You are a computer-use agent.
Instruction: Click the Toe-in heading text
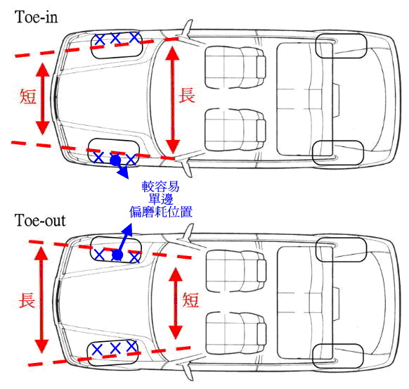pyautogui.click(x=37, y=17)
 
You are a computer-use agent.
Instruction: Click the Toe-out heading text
pyautogui.click(x=40, y=220)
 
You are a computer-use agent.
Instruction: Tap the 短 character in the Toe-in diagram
pyautogui.click(x=28, y=96)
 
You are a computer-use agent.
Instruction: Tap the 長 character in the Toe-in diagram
pyautogui.click(x=187, y=95)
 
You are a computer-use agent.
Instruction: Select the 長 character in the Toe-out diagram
pyautogui.click(x=27, y=300)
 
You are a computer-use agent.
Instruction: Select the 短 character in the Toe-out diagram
pyautogui.click(x=190, y=300)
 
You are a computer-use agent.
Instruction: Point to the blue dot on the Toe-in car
pyautogui.click(x=115, y=160)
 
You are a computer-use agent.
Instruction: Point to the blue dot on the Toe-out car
pyautogui.click(x=117, y=255)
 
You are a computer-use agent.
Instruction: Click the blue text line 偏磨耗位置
pyautogui.click(x=161, y=212)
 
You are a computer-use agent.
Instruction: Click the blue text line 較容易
pyautogui.click(x=161, y=186)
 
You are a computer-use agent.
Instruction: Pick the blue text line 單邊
pyautogui.click(x=161, y=199)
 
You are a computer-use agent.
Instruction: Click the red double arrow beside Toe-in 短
pyautogui.click(x=43, y=98)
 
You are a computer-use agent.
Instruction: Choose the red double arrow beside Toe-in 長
pyautogui.click(x=173, y=100)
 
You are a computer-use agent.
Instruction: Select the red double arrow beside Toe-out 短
pyautogui.click(x=176, y=303)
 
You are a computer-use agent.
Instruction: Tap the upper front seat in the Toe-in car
pyautogui.click(x=235, y=68)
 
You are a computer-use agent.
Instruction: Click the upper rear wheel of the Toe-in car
pyautogui.click(x=342, y=46)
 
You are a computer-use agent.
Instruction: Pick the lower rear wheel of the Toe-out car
pyautogui.click(x=338, y=356)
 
